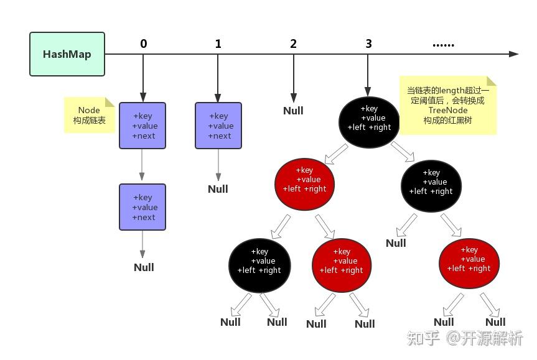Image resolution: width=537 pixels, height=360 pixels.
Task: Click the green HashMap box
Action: pyautogui.click(x=67, y=54)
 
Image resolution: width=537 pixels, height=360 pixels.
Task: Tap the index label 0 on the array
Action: pyautogui.click(x=144, y=44)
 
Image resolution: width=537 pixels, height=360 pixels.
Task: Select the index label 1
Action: pyautogui.click(x=218, y=44)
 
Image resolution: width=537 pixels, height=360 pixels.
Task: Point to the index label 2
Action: pyautogui.click(x=293, y=44)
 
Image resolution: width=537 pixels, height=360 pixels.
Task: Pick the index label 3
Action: pyautogui.click(x=368, y=44)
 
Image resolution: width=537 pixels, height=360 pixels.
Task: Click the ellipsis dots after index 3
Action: pyautogui.click(x=443, y=44)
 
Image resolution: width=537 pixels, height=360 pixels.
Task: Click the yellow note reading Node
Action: pyautogui.click(x=89, y=115)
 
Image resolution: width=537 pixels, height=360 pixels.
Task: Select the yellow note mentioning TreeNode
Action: pyautogui.click(x=447, y=105)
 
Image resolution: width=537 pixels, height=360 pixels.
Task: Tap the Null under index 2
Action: pyautogui.click(x=293, y=111)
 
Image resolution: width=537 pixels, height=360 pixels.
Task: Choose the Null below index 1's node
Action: pyautogui.click(x=218, y=189)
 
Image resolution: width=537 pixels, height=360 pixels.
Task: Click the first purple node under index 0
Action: pyautogui.click(x=142, y=126)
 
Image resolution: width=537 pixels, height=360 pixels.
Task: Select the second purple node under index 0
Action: pyautogui.click(x=142, y=207)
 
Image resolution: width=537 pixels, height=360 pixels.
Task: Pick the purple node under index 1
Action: pyautogui.click(x=218, y=126)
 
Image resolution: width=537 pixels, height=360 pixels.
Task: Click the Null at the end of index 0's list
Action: pyautogui.click(x=144, y=267)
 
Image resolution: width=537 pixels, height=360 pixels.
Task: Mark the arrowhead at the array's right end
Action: pyautogui.click(x=513, y=54)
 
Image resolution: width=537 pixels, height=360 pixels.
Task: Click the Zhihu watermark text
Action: pyautogui.click(x=465, y=338)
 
